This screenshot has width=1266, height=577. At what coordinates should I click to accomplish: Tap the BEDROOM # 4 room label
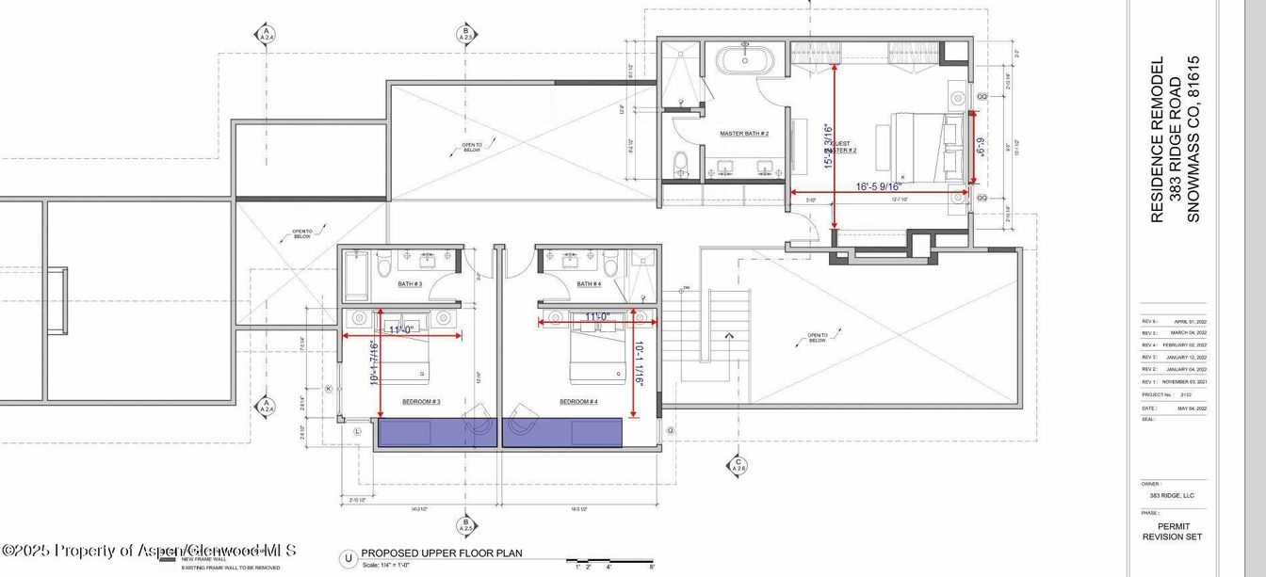click(x=578, y=402)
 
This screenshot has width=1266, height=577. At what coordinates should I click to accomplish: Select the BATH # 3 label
click(x=410, y=283)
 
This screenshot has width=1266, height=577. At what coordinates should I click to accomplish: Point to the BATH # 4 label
click(x=589, y=283)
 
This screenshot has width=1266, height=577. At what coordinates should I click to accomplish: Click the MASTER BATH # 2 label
click(x=744, y=134)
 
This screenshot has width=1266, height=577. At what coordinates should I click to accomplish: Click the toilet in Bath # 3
click(x=383, y=268)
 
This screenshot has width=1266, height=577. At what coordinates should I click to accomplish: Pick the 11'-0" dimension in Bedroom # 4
click(x=597, y=317)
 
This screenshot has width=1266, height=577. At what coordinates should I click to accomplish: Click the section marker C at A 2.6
click(x=737, y=466)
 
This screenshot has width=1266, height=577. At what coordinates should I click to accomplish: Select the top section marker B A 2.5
click(x=464, y=34)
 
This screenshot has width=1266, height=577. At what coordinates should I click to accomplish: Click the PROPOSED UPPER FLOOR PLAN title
click(x=442, y=553)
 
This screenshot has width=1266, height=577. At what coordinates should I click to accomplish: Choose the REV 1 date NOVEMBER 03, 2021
click(x=1184, y=381)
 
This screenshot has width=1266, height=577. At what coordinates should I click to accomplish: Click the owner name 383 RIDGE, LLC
click(x=1171, y=495)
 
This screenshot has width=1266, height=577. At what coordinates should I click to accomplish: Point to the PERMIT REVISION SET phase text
click(x=1173, y=532)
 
